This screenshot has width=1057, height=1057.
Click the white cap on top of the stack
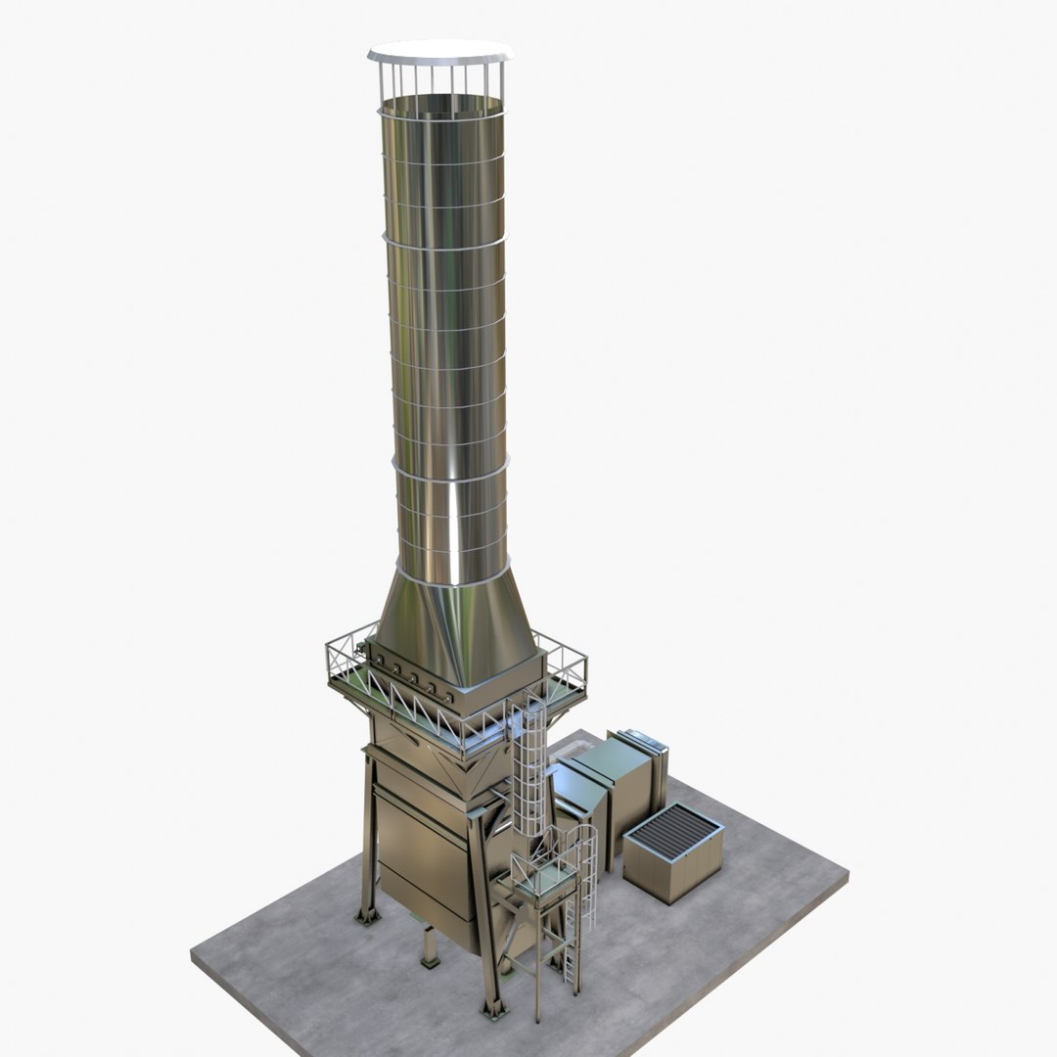(440, 51)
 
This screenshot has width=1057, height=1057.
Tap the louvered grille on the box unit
(674, 831)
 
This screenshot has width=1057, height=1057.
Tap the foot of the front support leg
(492, 1008)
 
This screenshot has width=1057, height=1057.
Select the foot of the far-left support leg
(368, 917)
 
